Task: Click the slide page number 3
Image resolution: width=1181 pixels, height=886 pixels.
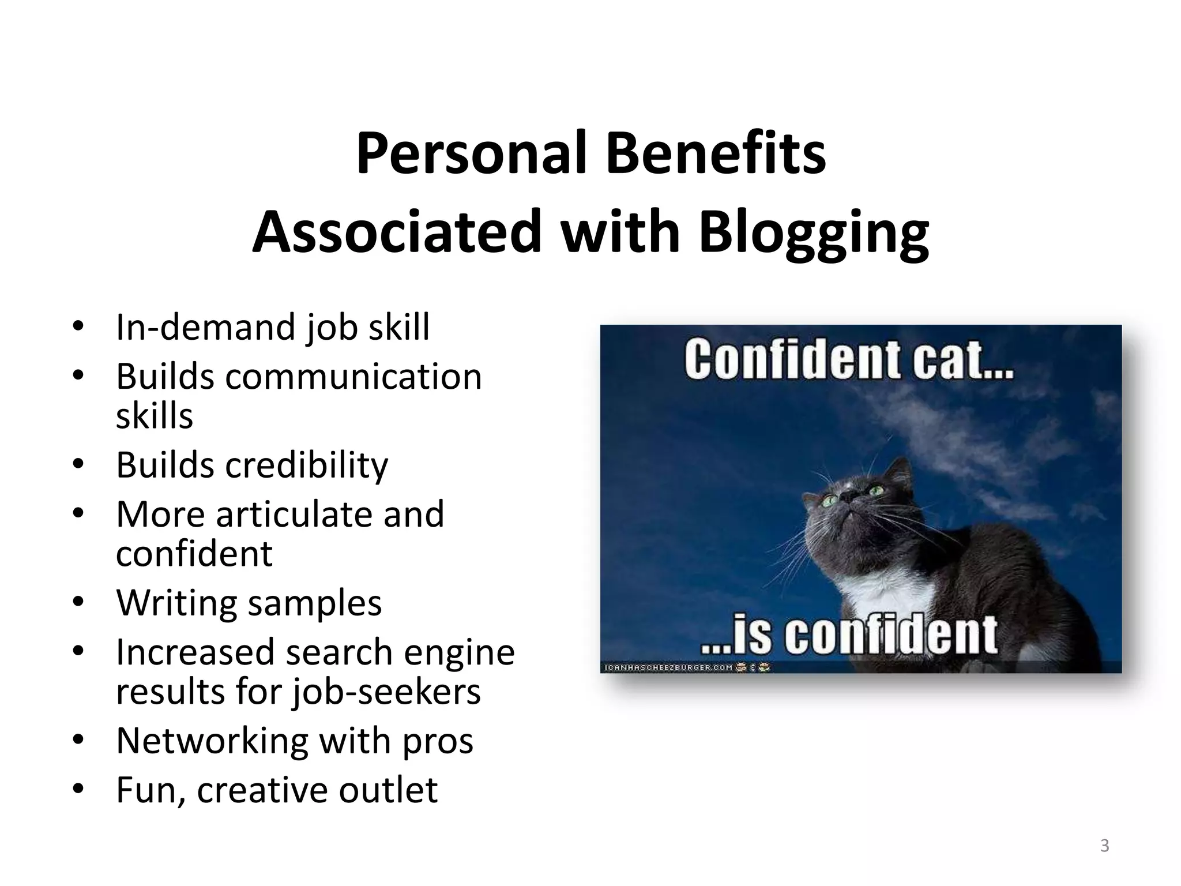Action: pos(1104,846)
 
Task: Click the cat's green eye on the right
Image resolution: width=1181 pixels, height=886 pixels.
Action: pos(877,490)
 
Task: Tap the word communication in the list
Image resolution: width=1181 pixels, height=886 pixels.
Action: pos(353,377)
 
